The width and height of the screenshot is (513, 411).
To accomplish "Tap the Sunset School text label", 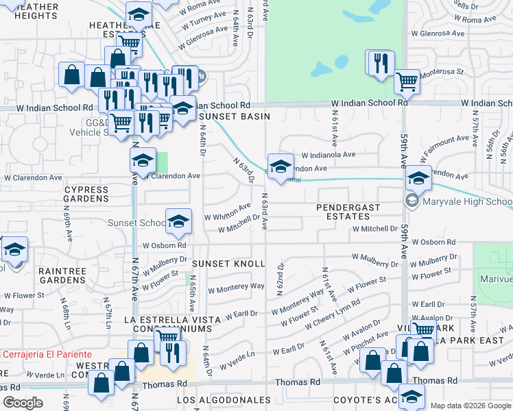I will [136, 223].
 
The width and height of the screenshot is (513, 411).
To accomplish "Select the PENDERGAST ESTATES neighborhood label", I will [348, 212].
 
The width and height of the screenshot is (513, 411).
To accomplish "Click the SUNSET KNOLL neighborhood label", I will [228, 264].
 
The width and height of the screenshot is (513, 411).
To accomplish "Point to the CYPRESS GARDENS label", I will [86, 194].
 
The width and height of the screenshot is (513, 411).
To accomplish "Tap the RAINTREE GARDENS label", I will [62, 275].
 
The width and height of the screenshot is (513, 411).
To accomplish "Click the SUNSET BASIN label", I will [227, 116].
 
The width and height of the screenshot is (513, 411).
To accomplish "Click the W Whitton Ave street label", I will [228, 212].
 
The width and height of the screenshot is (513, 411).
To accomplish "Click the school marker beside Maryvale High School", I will [418, 179].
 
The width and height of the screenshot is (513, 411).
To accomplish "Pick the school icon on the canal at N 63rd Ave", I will [280, 166].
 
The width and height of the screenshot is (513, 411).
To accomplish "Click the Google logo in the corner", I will [23, 403].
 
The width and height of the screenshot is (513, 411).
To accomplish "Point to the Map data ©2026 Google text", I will [470, 406].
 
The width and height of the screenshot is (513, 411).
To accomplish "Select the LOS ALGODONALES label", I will [224, 399].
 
